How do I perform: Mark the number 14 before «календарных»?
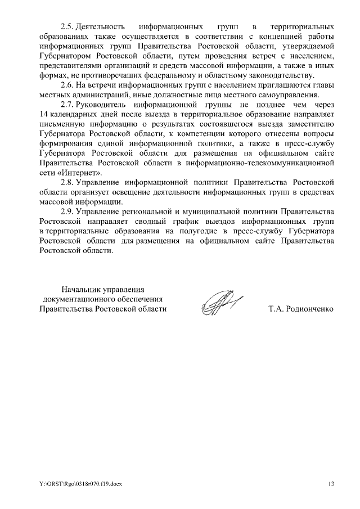coord(45,115)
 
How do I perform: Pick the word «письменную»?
coord(63,124)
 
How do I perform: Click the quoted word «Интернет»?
coord(84,173)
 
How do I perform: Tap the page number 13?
coord(331,483)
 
